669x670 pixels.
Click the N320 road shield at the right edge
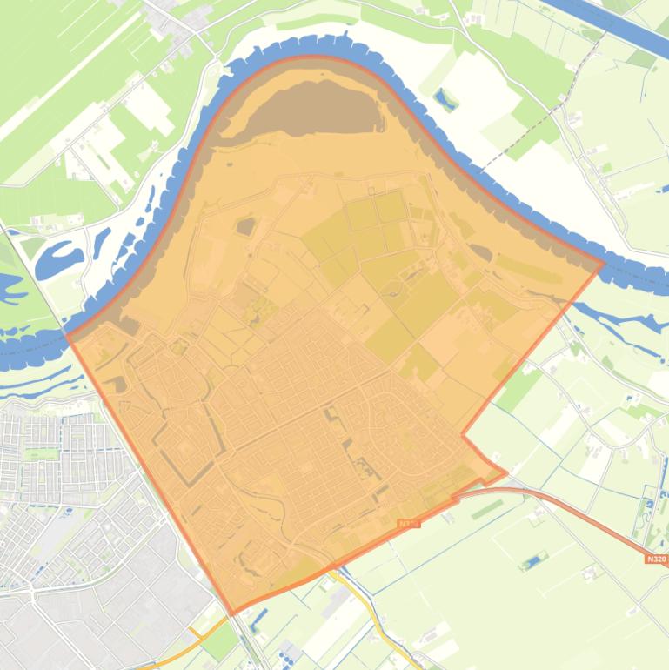tap(657, 559)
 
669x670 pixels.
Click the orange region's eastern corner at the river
tap(603, 264)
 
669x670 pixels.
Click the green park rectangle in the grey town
tap(39, 453)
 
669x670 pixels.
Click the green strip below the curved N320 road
tap(487, 509)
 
